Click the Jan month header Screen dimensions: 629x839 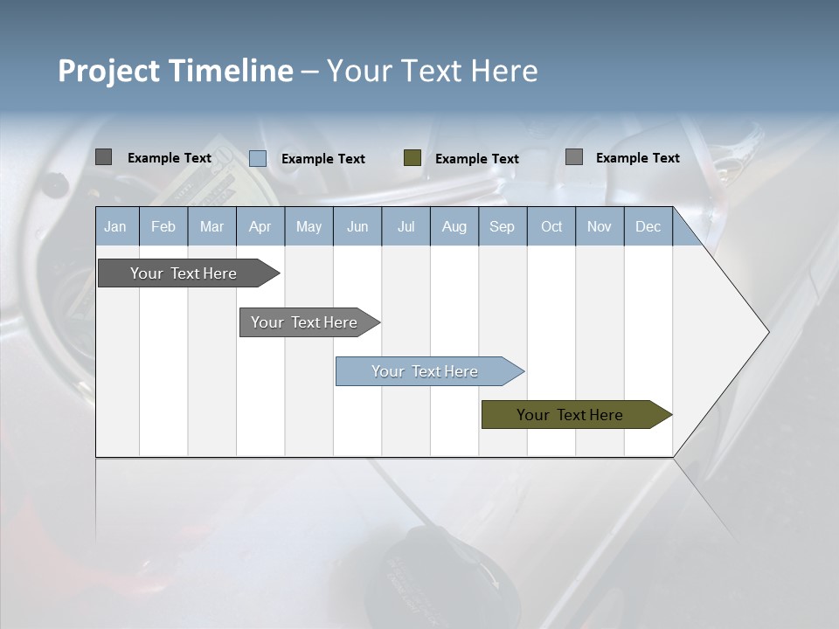pos(115,226)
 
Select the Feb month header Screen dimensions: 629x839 pos(163,226)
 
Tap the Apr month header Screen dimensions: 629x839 pos(260,226)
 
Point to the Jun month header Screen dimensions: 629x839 pos(357,226)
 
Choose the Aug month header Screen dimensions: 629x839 pos(454,226)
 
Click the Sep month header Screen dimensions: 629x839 pos(502,226)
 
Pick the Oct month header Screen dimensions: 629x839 pos(551,226)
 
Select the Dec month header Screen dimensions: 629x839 pos(648,226)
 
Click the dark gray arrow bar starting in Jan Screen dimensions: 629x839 pos(184,273)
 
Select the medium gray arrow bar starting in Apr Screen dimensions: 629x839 pos(304,322)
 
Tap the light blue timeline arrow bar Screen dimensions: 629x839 pos(425,371)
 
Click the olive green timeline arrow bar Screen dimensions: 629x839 pos(570,415)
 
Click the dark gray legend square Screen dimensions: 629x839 pos(103,157)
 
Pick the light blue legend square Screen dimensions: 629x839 pos(258,158)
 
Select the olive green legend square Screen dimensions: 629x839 pos(413,158)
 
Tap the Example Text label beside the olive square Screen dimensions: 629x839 pos(476,158)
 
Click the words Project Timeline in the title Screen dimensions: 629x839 pos(176,71)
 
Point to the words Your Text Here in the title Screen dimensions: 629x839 pos(432,71)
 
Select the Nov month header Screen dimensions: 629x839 pos(600,226)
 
